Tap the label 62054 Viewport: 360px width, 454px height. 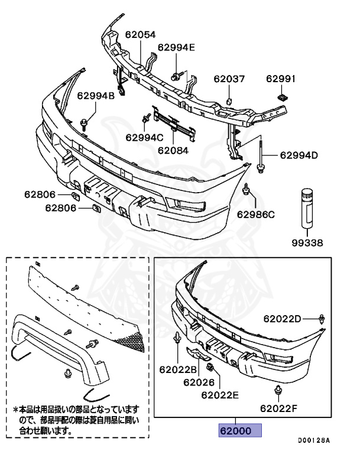140,34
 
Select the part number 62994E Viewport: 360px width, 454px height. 176,48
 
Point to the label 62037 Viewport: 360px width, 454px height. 229,79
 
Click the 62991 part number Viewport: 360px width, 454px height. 281,79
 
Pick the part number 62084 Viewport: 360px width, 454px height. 173,150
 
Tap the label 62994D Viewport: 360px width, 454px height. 299,155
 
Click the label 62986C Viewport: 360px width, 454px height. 255,214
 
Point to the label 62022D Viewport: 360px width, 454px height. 283,319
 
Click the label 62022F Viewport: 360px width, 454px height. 279,408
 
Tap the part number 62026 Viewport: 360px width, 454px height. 198,382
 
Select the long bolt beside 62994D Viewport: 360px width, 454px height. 260,155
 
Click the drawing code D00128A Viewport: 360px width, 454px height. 313,440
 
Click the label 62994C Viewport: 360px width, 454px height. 144,137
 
